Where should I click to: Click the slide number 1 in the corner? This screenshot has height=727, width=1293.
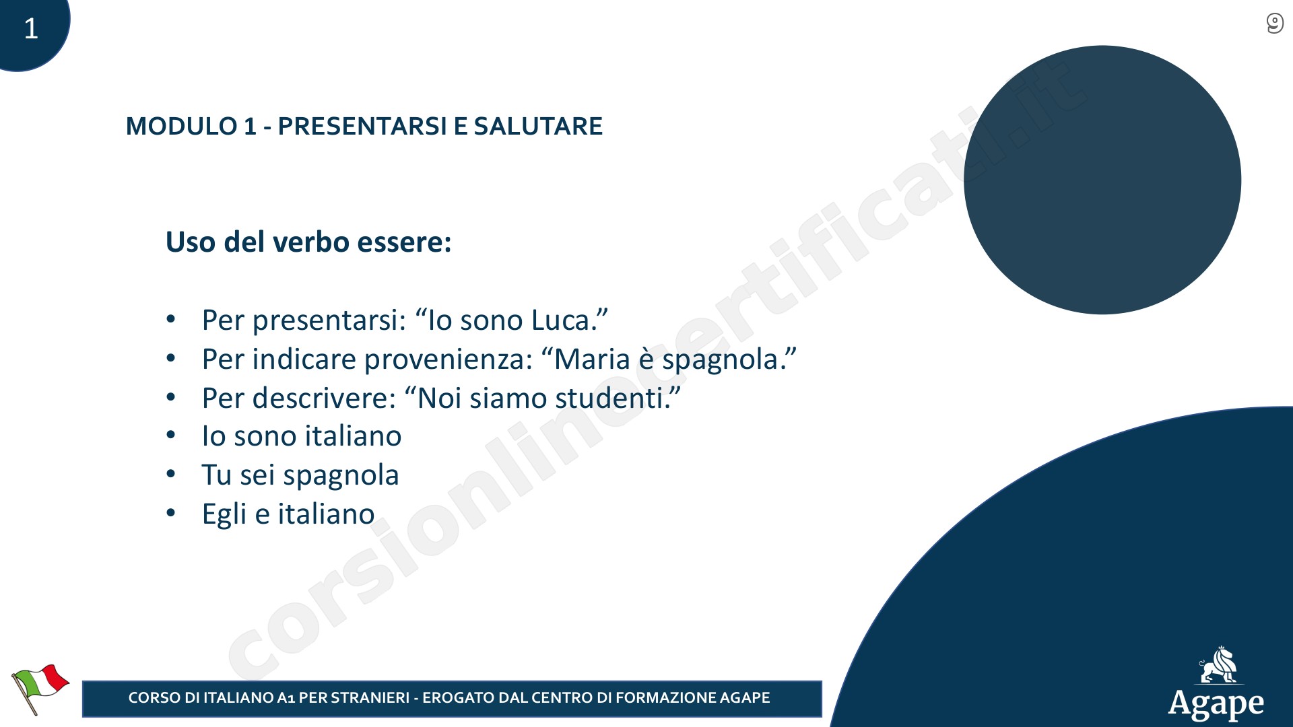click(x=31, y=28)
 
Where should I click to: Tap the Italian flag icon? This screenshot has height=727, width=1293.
click(x=40, y=689)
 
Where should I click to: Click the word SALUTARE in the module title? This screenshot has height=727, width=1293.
click(x=538, y=126)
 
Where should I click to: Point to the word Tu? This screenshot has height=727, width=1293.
click(x=217, y=475)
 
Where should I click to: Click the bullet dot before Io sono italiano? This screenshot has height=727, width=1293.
click(x=171, y=436)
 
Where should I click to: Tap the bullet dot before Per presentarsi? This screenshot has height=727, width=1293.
click(x=171, y=320)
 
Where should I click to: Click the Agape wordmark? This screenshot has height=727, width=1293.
click(x=1216, y=705)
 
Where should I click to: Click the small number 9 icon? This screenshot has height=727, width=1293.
click(x=1274, y=24)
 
